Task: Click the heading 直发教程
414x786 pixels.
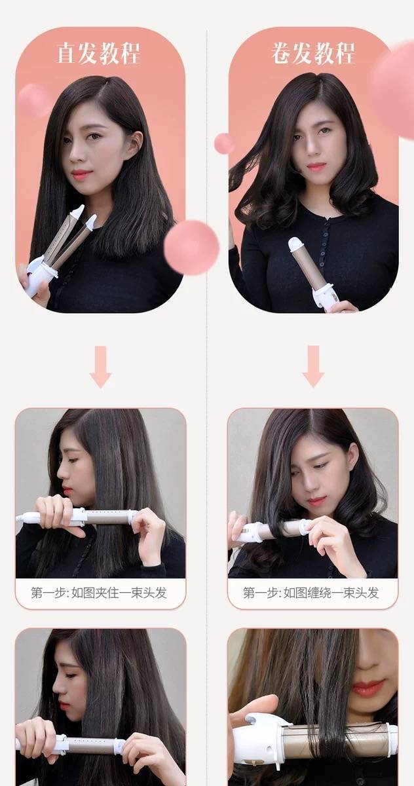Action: [x=99, y=53]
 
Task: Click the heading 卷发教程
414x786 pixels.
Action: [x=313, y=53]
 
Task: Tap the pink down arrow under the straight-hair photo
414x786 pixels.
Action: [x=101, y=367]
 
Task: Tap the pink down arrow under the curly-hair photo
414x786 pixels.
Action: [x=313, y=366]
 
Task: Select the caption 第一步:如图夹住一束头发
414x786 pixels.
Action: [x=99, y=593]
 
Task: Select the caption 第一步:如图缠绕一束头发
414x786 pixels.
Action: [x=311, y=593]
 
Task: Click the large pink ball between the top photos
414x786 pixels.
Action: [x=191, y=248]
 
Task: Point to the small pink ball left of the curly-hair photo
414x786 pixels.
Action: [x=224, y=143]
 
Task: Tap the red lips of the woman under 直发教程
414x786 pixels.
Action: [x=81, y=174]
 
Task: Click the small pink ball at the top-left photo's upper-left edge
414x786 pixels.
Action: [x=33, y=100]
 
